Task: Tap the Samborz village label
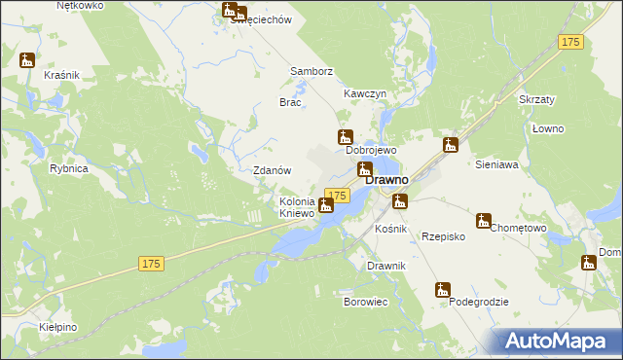coord(311,72)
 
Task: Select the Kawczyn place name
coord(365,93)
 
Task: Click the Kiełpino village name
coord(59,328)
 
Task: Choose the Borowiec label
coord(366,303)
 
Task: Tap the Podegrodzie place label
coord(479,303)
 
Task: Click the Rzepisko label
coord(443,236)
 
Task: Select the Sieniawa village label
coord(496,165)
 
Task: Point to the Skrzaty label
coord(536,100)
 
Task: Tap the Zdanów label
coord(273,170)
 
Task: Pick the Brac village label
coord(291,102)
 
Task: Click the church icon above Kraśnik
coord(27,60)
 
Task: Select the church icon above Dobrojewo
coord(345,137)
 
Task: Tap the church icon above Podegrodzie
coord(443,290)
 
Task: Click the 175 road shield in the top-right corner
coord(571,42)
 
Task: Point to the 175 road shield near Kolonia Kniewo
coord(337,196)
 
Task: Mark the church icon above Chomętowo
coord(483,220)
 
